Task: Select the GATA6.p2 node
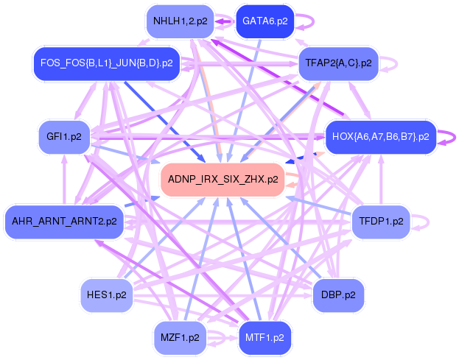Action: point(264,21)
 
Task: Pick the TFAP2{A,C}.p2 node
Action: point(338,63)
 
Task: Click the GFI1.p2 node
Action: point(64,136)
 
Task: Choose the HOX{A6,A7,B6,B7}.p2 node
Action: point(380,136)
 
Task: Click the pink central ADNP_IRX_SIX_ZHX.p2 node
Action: point(223,179)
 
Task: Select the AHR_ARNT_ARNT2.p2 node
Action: point(64,220)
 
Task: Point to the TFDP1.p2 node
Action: point(381,220)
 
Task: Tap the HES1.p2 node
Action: point(107,295)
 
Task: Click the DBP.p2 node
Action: point(339,295)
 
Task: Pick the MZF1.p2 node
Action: point(180,338)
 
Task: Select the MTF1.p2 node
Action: point(263,338)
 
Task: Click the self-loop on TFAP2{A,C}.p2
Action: point(391,63)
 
